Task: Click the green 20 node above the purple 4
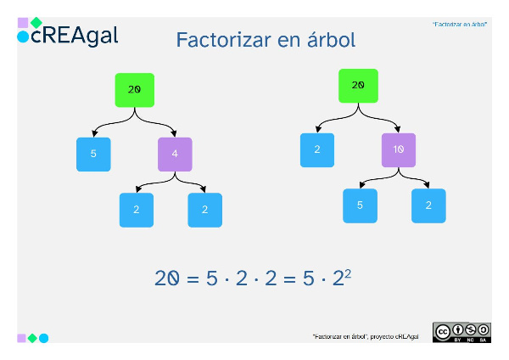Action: click(134, 89)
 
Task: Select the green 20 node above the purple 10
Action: click(358, 85)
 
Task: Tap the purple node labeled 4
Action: click(175, 155)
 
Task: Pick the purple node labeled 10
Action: click(399, 149)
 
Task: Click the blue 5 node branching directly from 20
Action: click(93, 155)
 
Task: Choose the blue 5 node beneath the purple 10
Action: click(360, 205)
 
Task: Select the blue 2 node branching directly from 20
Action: click(317, 149)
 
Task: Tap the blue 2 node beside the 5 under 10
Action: click(428, 205)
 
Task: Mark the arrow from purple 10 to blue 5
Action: click(377, 179)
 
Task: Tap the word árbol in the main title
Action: click(327, 39)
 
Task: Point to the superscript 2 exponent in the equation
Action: click(348, 272)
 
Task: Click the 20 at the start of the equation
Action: click(166, 278)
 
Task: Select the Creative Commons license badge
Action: click(461, 332)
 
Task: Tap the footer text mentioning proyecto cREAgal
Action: click(366, 337)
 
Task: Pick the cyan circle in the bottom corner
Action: click(44, 338)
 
